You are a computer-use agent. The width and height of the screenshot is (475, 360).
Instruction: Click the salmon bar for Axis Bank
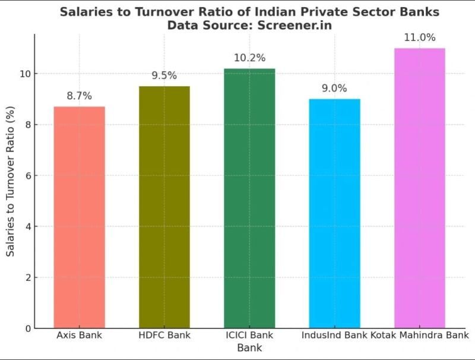point(80,217)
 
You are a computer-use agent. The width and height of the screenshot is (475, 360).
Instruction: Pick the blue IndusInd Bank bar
point(334,213)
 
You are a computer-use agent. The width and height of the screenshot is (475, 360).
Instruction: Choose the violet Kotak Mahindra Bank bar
point(419,188)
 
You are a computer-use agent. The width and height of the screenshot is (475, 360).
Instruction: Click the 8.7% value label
point(80,96)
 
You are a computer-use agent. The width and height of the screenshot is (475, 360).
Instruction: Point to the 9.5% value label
point(164,76)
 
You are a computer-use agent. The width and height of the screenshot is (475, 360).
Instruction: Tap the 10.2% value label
point(249,58)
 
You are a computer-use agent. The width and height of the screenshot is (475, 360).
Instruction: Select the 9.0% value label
point(334,89)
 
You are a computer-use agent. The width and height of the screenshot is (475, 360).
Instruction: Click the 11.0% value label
point(419,38)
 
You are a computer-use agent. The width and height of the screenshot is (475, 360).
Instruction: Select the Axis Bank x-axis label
point(80,336)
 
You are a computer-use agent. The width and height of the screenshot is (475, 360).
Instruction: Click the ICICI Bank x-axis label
point(249,336)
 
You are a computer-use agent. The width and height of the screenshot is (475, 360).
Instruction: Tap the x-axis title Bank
point(249,348)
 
